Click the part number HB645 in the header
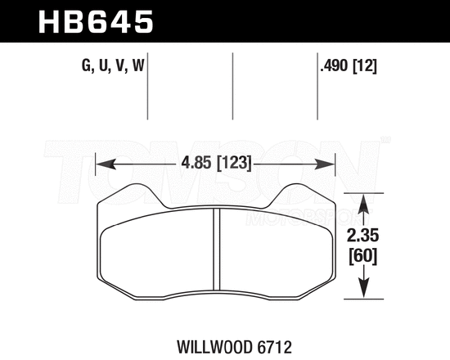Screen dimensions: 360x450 (x=97, y=20)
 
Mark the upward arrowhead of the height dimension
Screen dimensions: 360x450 (x=363, y=199)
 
